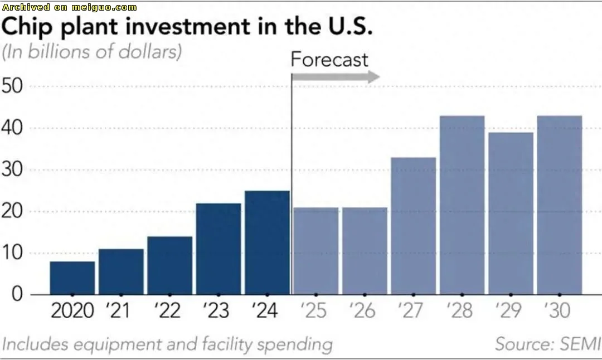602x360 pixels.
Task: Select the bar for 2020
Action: coord(72,278)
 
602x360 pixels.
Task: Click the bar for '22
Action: coord(169,265)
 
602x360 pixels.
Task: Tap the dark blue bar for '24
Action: coord(267,242)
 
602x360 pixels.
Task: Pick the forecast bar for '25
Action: coord(315,251)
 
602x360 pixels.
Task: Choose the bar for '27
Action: coord(413,226)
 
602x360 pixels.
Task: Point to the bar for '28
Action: coord(462,205)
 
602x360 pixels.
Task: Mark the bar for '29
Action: coord(511,213)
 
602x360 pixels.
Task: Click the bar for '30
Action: coord(559,205)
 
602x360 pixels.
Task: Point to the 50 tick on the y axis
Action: coord(13,87)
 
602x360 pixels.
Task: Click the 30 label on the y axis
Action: coord(13,170)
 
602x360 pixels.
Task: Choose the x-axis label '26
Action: coord(363,311)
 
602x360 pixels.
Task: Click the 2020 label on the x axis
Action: coord(72,311)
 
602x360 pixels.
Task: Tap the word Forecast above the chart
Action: coord(329,59)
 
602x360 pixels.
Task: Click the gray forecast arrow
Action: coord(335,77)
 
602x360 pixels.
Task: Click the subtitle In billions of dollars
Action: coord(93,52)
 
